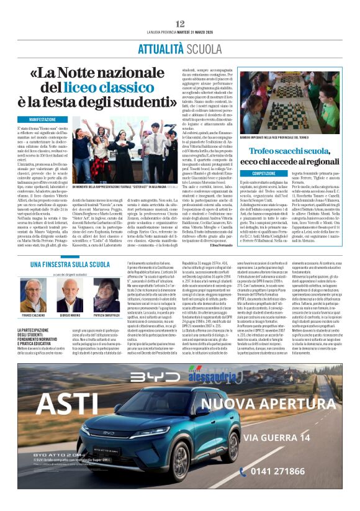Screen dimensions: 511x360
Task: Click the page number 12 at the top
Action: point(180,23)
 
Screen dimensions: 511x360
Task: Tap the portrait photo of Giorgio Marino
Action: point(70,294)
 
